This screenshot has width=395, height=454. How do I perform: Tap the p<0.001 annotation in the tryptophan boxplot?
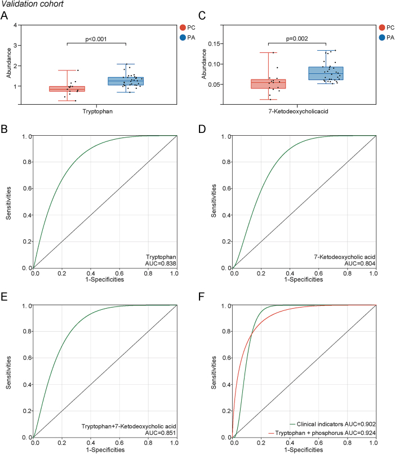pos(96,39)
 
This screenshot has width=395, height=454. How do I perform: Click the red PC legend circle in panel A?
pos(183,28)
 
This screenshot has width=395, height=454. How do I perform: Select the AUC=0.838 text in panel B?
pos(159,264)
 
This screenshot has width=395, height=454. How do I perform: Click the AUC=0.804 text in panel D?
pos(361,264)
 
